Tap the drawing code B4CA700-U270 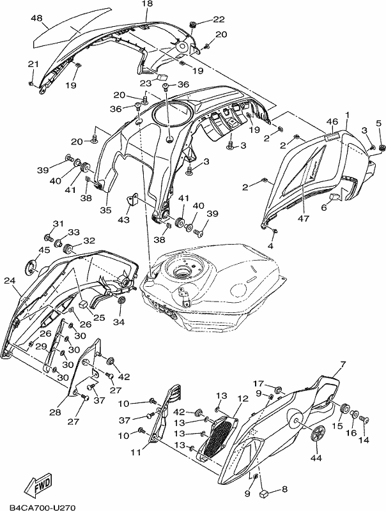point(43,507)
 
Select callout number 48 point(37,18)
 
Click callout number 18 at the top point(148,4)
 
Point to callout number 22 point(219,20)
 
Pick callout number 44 point(316,458)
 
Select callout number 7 point(343,363)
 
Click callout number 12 point(243,399)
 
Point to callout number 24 point(10,280)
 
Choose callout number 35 point(105,210)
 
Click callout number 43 point(124,220)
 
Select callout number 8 point(284,489)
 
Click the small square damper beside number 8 point(264,492)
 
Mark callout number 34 point(119,322)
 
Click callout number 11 point(136,452)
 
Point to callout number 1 point(347,115)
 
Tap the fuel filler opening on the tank point(181,271)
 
